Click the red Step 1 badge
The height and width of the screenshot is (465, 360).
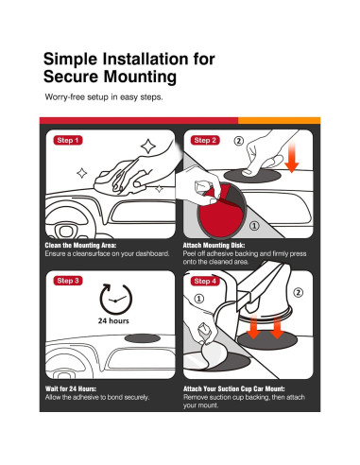68,140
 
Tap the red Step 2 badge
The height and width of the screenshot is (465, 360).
205,140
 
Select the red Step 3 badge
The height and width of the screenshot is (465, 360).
68,281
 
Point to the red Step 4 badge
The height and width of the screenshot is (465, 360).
205,281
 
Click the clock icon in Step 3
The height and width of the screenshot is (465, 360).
116,300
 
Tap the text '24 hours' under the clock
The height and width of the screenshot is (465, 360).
113,320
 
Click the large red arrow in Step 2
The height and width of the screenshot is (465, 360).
292,157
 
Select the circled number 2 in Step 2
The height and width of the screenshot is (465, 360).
239,141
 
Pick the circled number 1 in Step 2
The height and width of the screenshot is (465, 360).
254,225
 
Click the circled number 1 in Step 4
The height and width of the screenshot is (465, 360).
198,299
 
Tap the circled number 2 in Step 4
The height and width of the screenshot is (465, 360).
298,292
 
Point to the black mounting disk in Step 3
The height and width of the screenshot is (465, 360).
143,338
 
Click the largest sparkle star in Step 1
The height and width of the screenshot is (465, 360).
148,146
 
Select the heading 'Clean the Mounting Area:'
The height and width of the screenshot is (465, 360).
80,245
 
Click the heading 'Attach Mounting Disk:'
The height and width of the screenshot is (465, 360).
214,245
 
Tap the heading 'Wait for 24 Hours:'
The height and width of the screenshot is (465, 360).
71,388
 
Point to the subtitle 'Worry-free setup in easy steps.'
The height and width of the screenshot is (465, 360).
104,97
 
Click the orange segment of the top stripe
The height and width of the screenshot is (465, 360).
280,121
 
